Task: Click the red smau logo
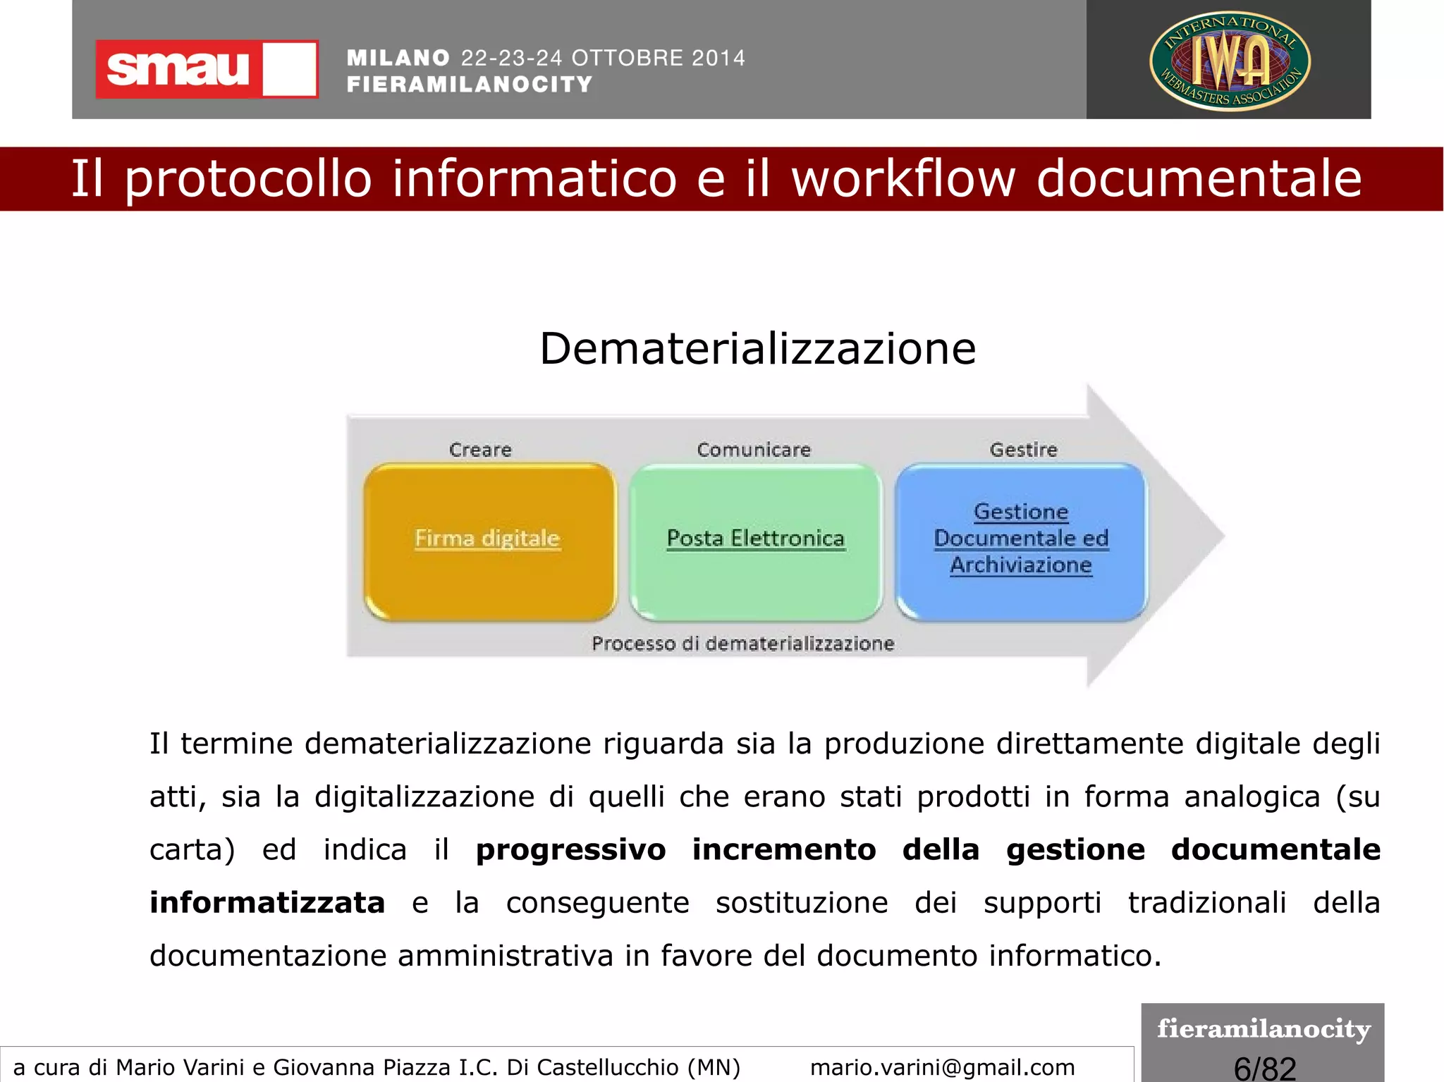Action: (206, 69)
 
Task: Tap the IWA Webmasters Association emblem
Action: (1229, 61)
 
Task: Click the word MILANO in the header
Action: (398, 58)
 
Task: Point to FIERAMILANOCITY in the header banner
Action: (470, 85)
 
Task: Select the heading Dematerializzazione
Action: (757, 348)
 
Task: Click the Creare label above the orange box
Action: (480, 450)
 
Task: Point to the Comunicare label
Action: (754, 450)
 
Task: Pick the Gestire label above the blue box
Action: (1023, 450)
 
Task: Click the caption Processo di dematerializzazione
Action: (742, 644)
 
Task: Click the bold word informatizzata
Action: (267, 903)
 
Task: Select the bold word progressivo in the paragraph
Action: (570, 849)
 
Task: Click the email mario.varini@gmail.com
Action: (942, 1067)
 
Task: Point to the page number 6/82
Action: (1264, 1068)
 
